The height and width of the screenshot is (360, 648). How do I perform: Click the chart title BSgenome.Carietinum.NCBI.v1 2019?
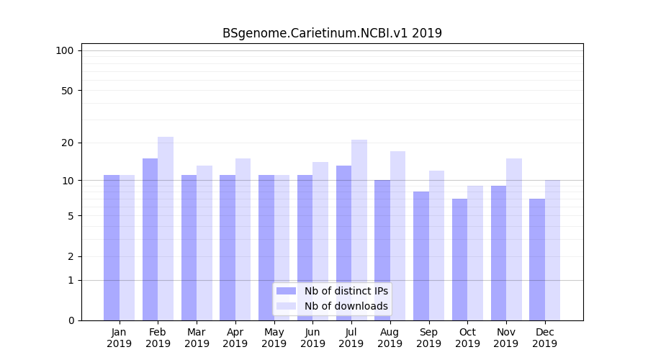coord(332,33)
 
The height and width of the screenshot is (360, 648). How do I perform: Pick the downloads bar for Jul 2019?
coord(359,230)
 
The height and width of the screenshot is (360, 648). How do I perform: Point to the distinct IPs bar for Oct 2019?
coord(459,259)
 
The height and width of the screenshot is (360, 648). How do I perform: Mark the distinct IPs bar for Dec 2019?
coord(537,259)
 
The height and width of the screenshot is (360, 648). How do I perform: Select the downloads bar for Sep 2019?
coord(436,245)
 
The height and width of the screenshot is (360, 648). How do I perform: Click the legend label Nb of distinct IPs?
coord(346,291)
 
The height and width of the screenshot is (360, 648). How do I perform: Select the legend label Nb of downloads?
coord(346,306)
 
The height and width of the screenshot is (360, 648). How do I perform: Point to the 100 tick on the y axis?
coord(65,50)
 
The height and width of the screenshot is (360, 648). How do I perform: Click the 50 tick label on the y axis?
coord(67,91)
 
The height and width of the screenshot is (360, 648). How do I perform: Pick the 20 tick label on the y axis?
coord(67,143)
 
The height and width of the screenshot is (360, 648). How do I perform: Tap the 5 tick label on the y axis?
coord(70,216)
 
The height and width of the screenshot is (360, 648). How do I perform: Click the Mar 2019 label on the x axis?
coord(197,338)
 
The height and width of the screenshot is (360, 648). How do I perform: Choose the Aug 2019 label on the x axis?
coord(390,338)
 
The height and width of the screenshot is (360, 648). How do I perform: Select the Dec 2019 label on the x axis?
coord(544,338)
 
